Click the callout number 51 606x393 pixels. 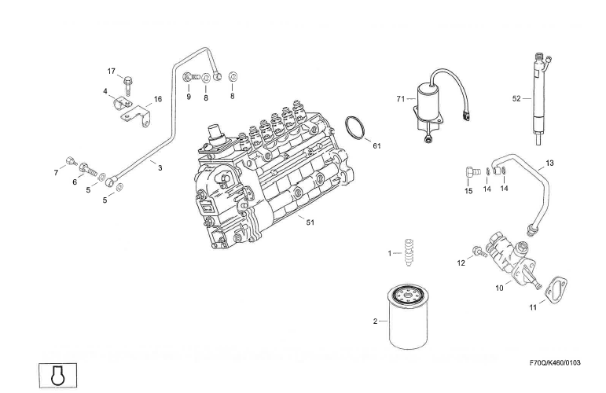tap(310, 222)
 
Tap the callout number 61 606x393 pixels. tap(376, 146)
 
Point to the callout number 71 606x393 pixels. tap(400, 99)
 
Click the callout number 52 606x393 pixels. tap(516, 99)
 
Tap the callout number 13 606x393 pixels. tap(549, 163)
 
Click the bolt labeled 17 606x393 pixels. tap(128, 79)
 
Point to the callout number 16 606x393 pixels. tap(157, 99)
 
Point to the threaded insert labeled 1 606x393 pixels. tap(407, 254)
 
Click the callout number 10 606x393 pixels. tap(498, 288)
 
